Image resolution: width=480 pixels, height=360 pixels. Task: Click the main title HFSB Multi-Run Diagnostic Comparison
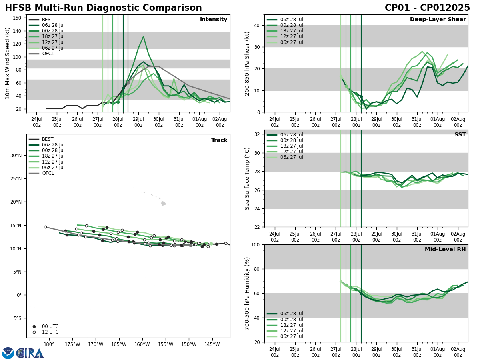pos(103,8)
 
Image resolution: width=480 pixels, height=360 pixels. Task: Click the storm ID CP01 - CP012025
pos(427,8)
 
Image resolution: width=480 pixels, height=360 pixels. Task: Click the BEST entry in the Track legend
pos(48,139)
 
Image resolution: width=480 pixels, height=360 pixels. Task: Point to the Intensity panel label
pos(214,20)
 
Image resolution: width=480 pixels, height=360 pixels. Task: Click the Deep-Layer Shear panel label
pos(438,20)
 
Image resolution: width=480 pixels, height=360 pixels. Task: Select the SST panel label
pos(460,135)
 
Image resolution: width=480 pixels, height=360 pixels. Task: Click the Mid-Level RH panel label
pos(445,250)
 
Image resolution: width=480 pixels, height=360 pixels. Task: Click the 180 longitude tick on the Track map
pos(49,344)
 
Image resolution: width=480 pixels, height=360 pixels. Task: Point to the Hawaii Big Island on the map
pos(163,204)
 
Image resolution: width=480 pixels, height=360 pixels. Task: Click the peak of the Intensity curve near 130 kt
pos(143,37)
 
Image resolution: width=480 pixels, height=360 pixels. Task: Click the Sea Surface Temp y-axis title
pos(247,178)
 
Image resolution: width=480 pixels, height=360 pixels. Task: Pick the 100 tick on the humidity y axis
pos(257,244)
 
